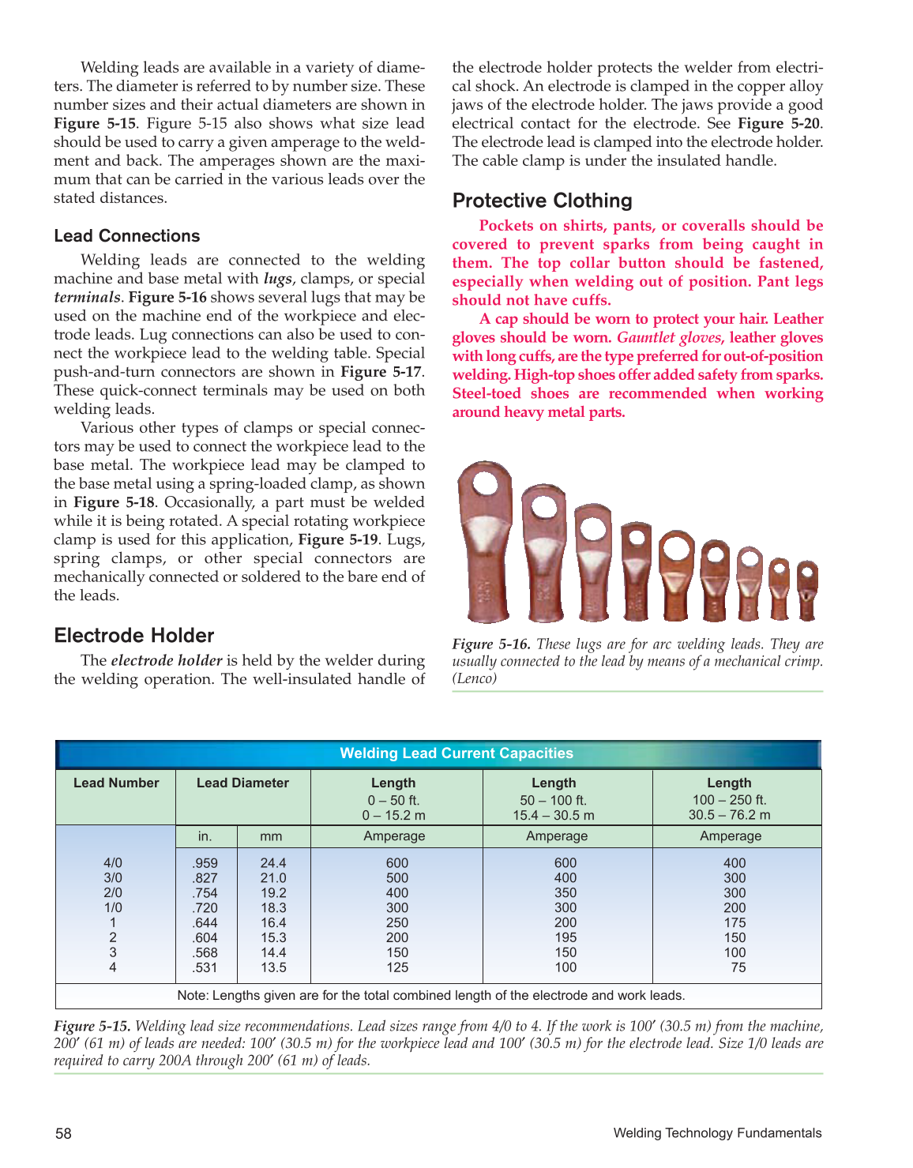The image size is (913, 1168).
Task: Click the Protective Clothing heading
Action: point(542,201)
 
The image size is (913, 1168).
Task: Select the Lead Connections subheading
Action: point(126,236)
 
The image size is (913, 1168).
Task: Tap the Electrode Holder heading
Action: point(133,636)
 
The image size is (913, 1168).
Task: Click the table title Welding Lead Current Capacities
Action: point(457,753)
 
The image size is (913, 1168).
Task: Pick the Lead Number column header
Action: point(116,783)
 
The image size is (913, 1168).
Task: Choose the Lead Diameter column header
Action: point(242,783)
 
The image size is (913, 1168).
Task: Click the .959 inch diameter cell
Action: point(205,863)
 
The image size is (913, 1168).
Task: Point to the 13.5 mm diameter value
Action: point(273,967)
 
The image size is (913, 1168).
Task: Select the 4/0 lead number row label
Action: point(113,863)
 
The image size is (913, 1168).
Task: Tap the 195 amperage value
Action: point(565,937)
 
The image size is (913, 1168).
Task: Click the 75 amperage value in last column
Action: point(738,967)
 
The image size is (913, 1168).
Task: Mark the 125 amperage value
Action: point(397,967)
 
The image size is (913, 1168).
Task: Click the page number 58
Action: point(63,1133)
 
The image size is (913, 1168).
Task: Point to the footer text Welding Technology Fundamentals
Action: point(717,1133)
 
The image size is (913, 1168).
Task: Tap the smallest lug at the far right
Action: point(806,588)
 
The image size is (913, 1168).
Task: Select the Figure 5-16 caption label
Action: point(490,644)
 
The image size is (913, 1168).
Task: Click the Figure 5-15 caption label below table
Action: point(92,1027)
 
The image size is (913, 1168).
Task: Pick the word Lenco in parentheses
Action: point(475,678)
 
